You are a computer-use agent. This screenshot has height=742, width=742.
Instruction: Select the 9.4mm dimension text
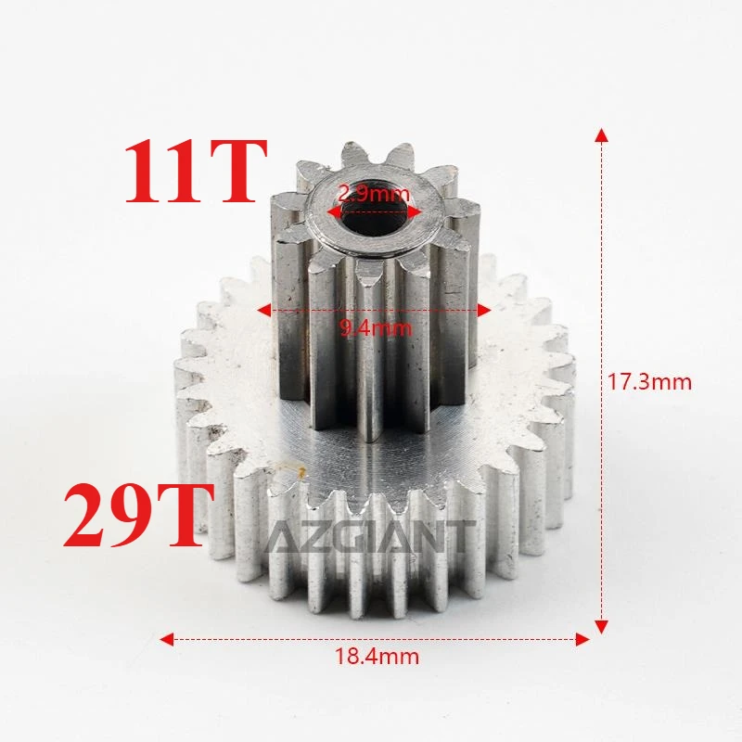374,326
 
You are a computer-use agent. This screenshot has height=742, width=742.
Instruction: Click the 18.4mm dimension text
377,657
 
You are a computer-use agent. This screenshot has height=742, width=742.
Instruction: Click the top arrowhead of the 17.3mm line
602,135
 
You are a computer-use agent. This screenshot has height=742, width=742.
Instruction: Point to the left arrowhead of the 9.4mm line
264,310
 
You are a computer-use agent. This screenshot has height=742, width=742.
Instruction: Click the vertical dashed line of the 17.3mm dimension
602,278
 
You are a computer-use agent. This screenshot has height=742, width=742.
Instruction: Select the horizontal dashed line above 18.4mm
278,638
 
